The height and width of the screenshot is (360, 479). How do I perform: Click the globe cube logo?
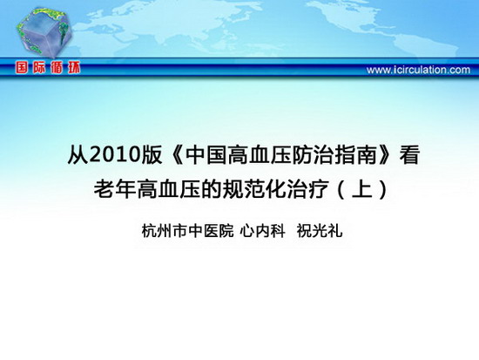click(x=44, y=32)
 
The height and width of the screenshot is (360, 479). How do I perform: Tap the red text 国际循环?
click(x=48, y=67)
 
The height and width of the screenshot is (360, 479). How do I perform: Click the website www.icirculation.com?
click(x=418, y=70)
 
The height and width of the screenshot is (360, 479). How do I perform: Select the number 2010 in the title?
click(x=115, y=155)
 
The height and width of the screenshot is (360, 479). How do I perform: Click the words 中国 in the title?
click(x=205, y=155)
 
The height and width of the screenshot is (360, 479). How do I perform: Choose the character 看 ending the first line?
click(x=409, y=155)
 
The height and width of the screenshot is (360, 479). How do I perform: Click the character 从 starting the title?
click(x=78, y=155)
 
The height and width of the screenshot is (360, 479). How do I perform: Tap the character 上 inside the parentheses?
click(x=361, y=189)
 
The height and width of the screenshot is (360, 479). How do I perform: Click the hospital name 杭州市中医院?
click(x=187, y=231)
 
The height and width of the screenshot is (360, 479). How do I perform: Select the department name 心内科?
click(x=262, y=231)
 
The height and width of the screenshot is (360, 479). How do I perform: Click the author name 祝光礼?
click(x=320, y=231)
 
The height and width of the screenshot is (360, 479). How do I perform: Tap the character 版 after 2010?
click(x=152, y=155)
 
